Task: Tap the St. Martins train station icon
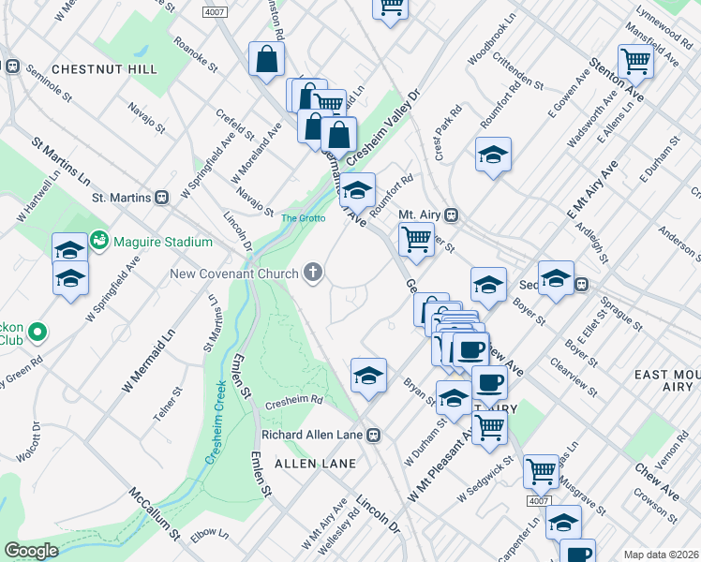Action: click(x=161, y=198)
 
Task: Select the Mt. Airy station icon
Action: click(x=452, y=214)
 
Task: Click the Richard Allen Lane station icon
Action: click(x=373, y=435)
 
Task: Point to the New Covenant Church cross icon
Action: click(x=313, y=274)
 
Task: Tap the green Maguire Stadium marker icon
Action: click(x=99, y=242)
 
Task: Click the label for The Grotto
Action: click(x=303, y=218)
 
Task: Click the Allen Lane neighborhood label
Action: click(x=315, y=464)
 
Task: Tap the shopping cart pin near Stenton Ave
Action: click(x=636, y=62)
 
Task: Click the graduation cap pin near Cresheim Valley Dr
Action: click(x=356, y=191)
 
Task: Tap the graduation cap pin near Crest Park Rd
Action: click(x=493, y=155)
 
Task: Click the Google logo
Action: click(x=31, y=551)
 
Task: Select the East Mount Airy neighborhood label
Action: click(x=664, y=380)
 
